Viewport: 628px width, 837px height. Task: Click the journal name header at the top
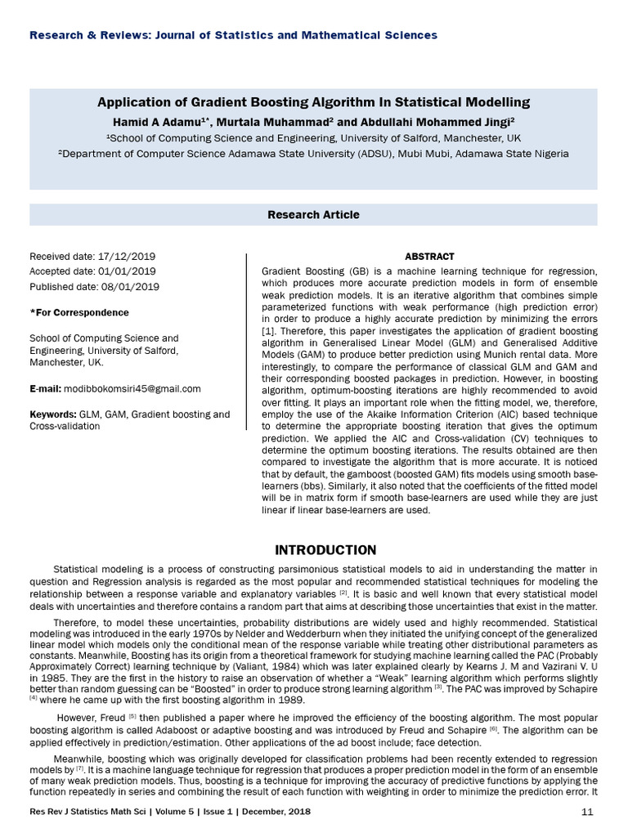[233, 35]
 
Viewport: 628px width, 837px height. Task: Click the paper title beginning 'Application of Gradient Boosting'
[313, 102]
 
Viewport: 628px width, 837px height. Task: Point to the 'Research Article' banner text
[313, 215]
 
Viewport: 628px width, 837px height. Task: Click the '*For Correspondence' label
[78, 313]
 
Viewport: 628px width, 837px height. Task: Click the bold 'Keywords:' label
[53, 414]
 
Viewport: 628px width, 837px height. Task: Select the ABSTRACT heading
[429, 257]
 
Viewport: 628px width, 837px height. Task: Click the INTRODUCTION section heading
[325, 549]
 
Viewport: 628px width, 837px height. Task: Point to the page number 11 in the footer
[587, 812]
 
